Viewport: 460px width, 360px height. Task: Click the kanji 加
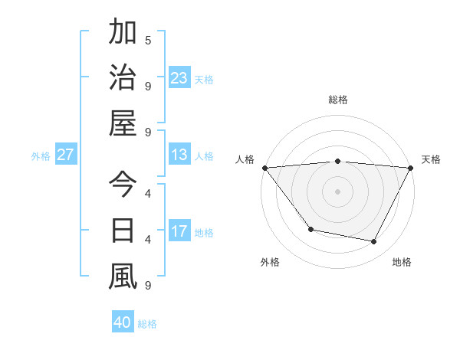click(123, 33)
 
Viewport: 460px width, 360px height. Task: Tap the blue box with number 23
click(179, 78)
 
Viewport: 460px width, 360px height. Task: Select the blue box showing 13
click(179, 155)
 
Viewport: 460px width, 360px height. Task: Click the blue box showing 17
click(179, 231)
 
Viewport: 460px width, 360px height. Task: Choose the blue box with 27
click(65, 155)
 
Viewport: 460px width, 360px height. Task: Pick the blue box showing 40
click(123, 322)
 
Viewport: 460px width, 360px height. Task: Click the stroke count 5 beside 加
click(148, 40)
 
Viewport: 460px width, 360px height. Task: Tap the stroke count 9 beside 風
click(148, 286)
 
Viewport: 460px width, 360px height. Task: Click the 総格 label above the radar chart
click(337, 100)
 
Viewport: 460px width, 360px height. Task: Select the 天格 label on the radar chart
click(431, 159)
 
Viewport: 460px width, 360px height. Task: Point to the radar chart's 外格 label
click(270, 262)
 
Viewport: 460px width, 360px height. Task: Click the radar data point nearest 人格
click(264, 168)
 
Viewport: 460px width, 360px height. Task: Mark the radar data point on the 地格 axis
click(374, 242)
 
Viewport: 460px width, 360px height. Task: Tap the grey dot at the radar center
click(337, 191)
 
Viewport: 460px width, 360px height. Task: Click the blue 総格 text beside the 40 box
click(147, 324)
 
